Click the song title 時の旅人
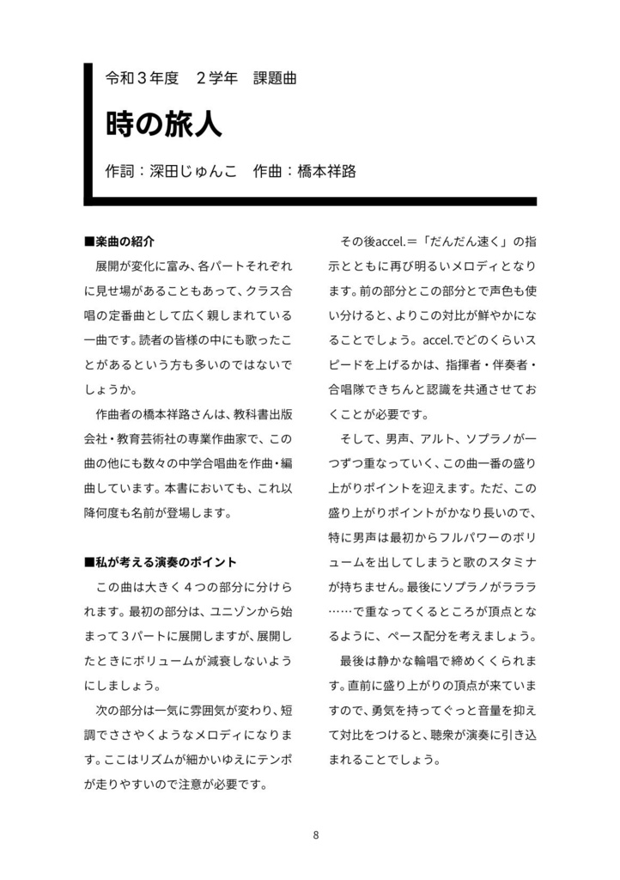163,124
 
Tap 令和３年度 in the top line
141,78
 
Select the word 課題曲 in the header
275,78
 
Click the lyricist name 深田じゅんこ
187,170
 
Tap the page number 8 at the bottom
316,834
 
